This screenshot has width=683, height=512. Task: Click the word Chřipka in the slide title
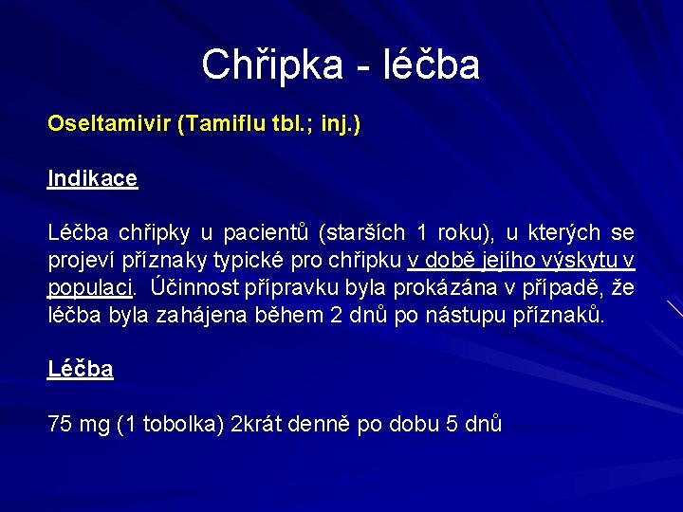coord(266,65)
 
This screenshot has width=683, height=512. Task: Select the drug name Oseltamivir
coord(109,125)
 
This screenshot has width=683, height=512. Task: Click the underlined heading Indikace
coord(93,178)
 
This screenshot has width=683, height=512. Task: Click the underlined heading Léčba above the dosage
coord(81,370)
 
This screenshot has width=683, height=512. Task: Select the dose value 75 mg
coord(79,424)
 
